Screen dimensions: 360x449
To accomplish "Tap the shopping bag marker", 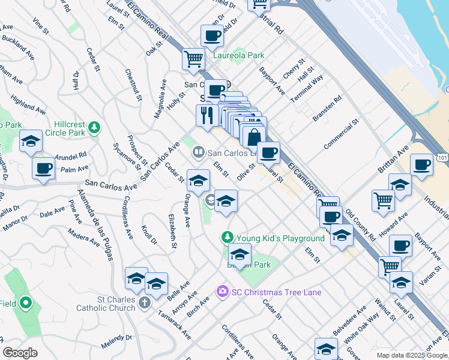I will point(255,136).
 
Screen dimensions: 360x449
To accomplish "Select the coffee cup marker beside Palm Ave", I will point(43,168).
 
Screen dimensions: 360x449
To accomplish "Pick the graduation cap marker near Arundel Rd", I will point(31,142).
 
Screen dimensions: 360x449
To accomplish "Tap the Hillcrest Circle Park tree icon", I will point(94,127).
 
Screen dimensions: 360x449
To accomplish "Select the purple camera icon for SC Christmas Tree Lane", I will point(223,291).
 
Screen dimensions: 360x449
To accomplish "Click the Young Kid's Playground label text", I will point(280,238).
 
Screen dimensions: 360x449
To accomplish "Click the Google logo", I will point(20,352).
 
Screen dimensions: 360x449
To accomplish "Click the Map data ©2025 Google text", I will point(411,355).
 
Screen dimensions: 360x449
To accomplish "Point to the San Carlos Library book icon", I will point(197,154).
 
